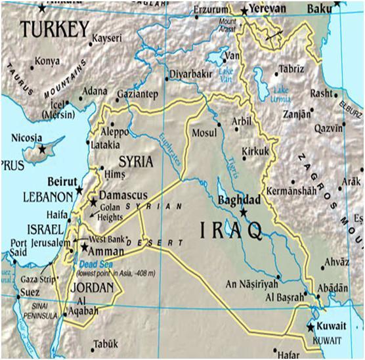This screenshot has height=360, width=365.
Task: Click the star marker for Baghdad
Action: pos(244,212)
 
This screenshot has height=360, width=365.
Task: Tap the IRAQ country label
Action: pos(231,231)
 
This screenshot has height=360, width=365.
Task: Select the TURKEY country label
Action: pos(54,30)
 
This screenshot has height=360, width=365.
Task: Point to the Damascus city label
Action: pos(123,196)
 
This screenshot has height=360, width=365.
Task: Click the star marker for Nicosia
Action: pos(43,150)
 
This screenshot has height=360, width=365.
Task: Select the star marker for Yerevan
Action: pos(245,11)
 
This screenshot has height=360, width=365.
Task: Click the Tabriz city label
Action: pos(291,68)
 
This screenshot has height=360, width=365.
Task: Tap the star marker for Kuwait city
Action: pos(311,326)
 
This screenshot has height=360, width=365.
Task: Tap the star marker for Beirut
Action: pos(79,189)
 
